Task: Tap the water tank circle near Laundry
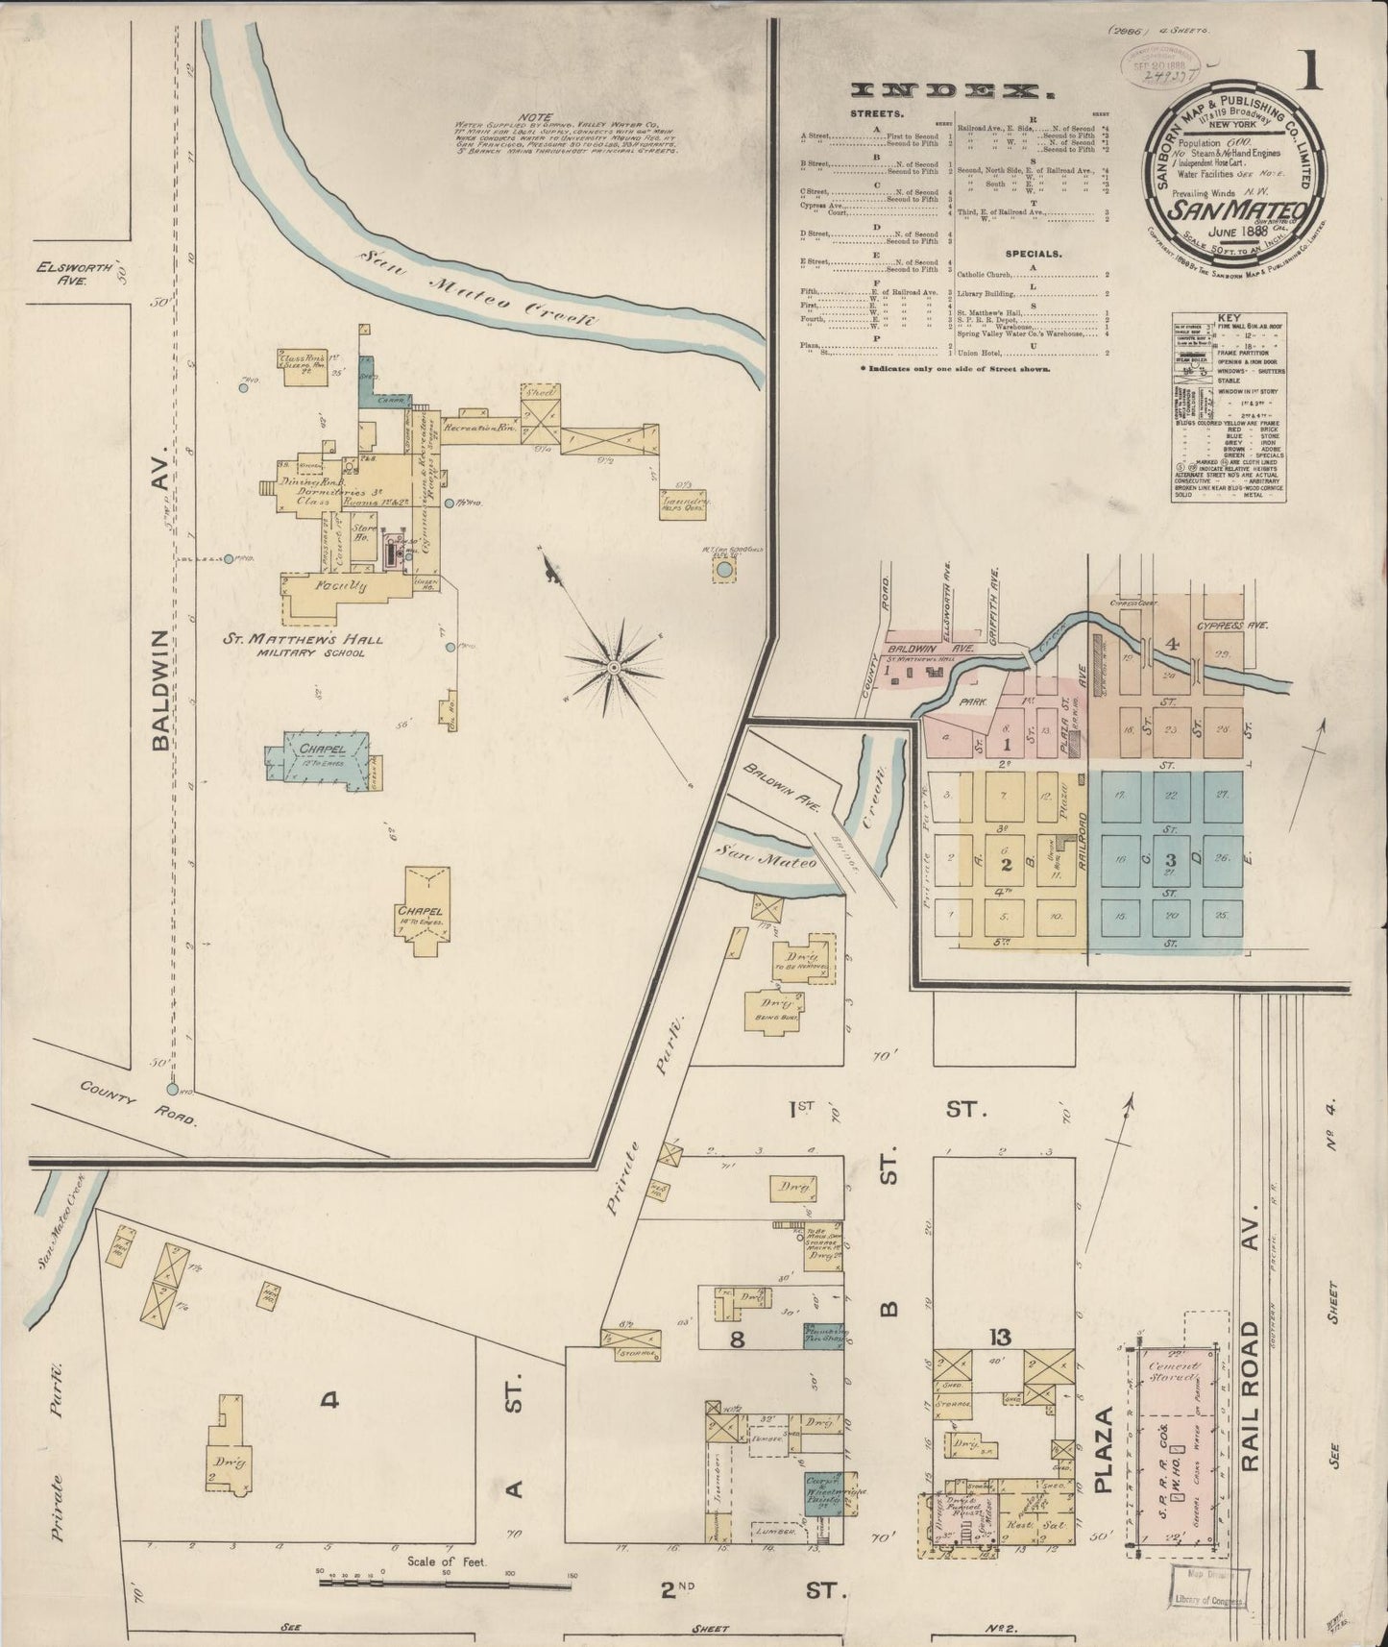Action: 724,571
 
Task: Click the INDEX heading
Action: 947,92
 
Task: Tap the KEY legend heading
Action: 1229,318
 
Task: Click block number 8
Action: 736,1340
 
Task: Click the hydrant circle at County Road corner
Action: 172,1089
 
